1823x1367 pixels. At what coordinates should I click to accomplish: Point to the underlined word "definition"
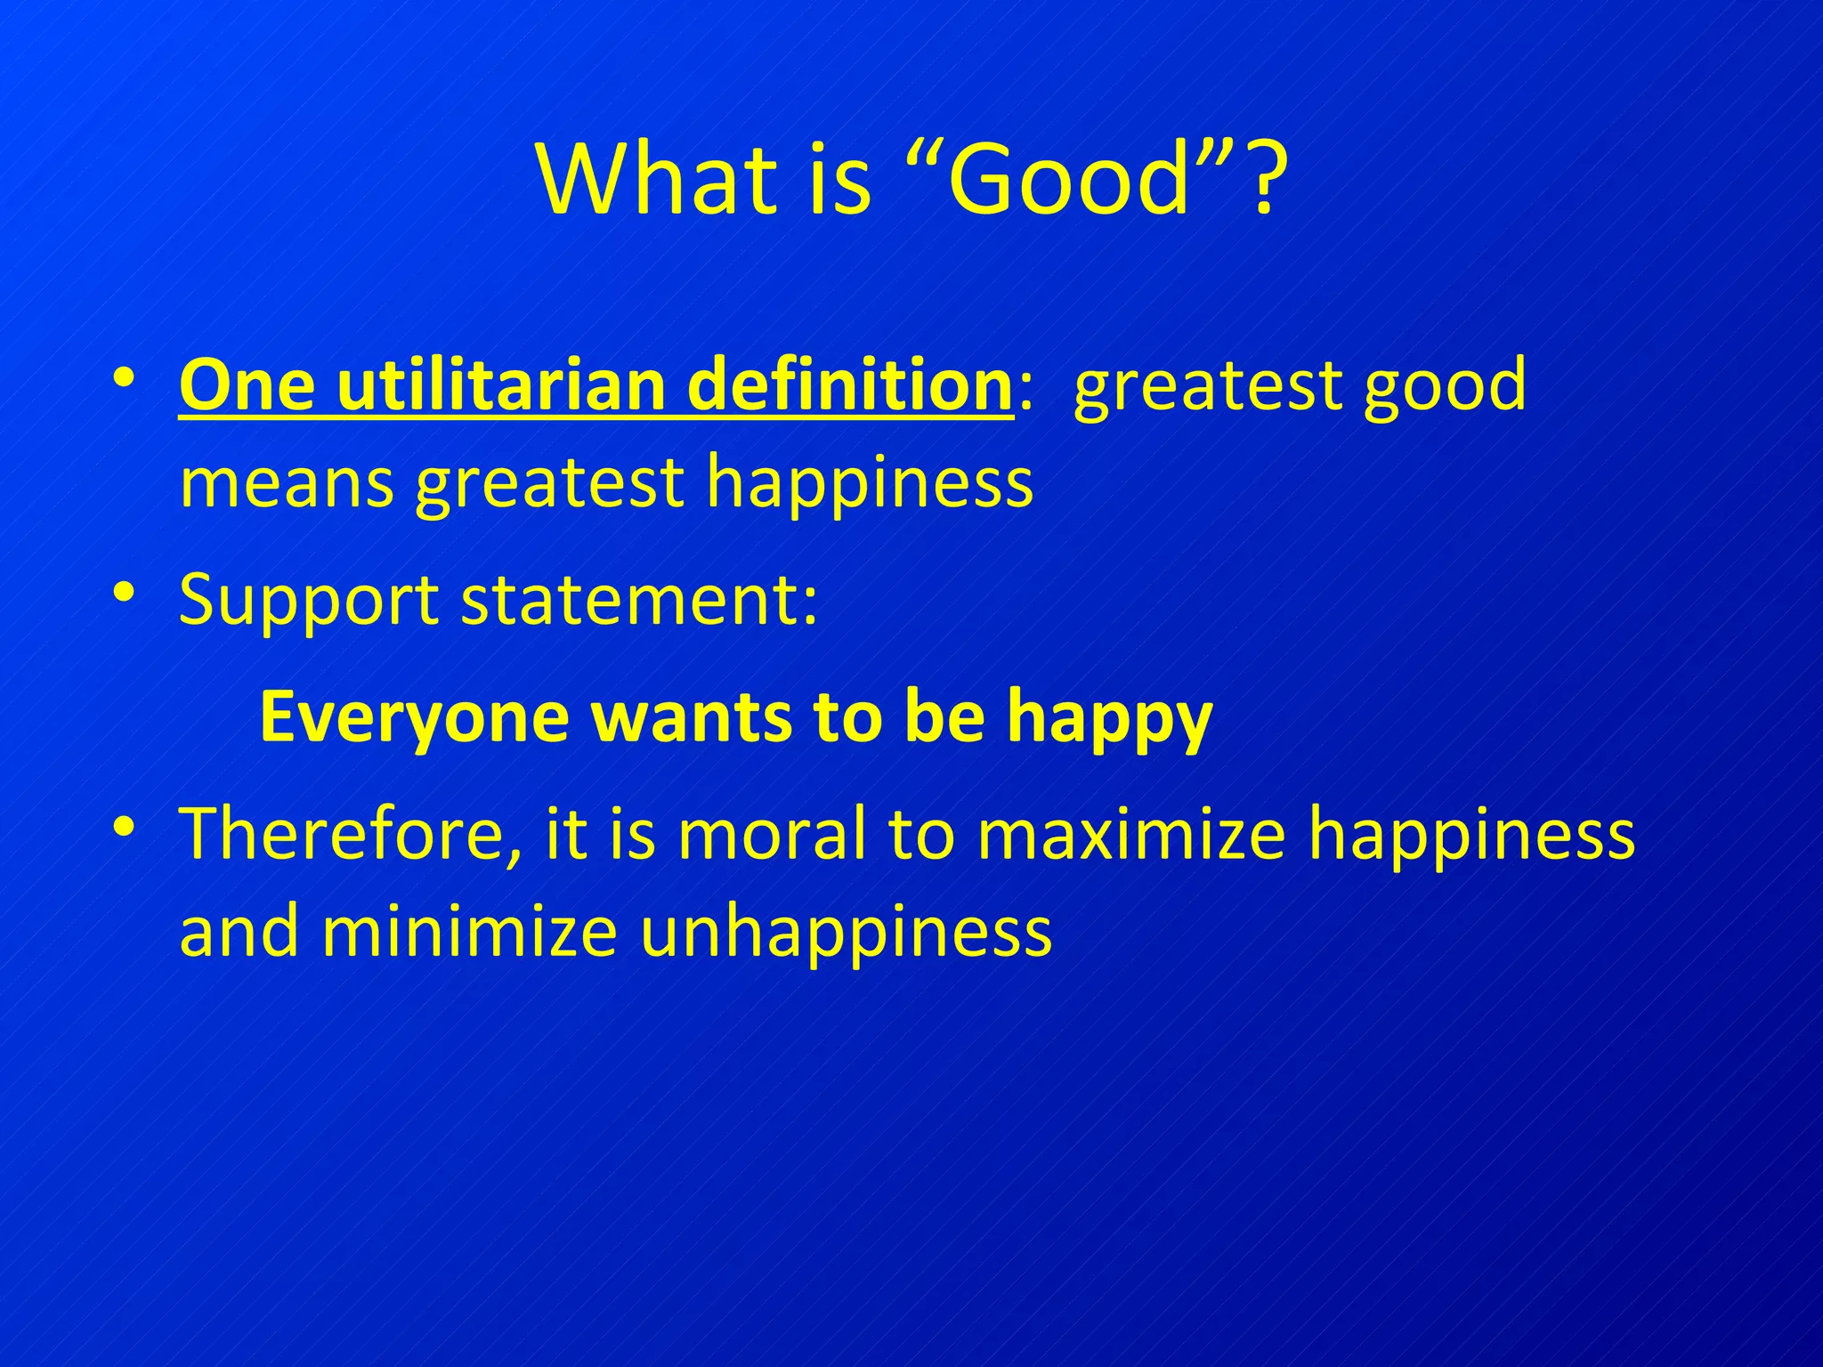851,385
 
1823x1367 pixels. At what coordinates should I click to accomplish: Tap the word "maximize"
1131,834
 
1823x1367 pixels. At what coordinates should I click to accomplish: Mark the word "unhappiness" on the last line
846,932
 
